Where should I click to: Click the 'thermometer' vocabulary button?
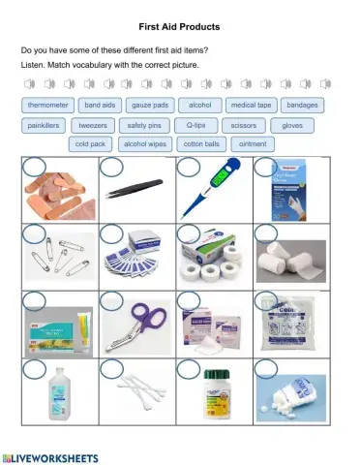pos(47,105)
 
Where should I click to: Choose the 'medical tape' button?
pos(251,105)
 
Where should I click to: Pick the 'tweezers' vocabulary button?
pos(93,125)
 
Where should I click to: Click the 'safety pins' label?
pos(144,125)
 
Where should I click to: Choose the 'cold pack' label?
pos(90,144)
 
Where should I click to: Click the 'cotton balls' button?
pos(201,144)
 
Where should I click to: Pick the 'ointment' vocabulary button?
pos(253,144)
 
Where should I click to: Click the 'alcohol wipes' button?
pos(145,144)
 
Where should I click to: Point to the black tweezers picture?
pos(136,193)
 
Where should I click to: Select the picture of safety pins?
pos(58,259)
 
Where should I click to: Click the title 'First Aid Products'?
pos(180,26)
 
